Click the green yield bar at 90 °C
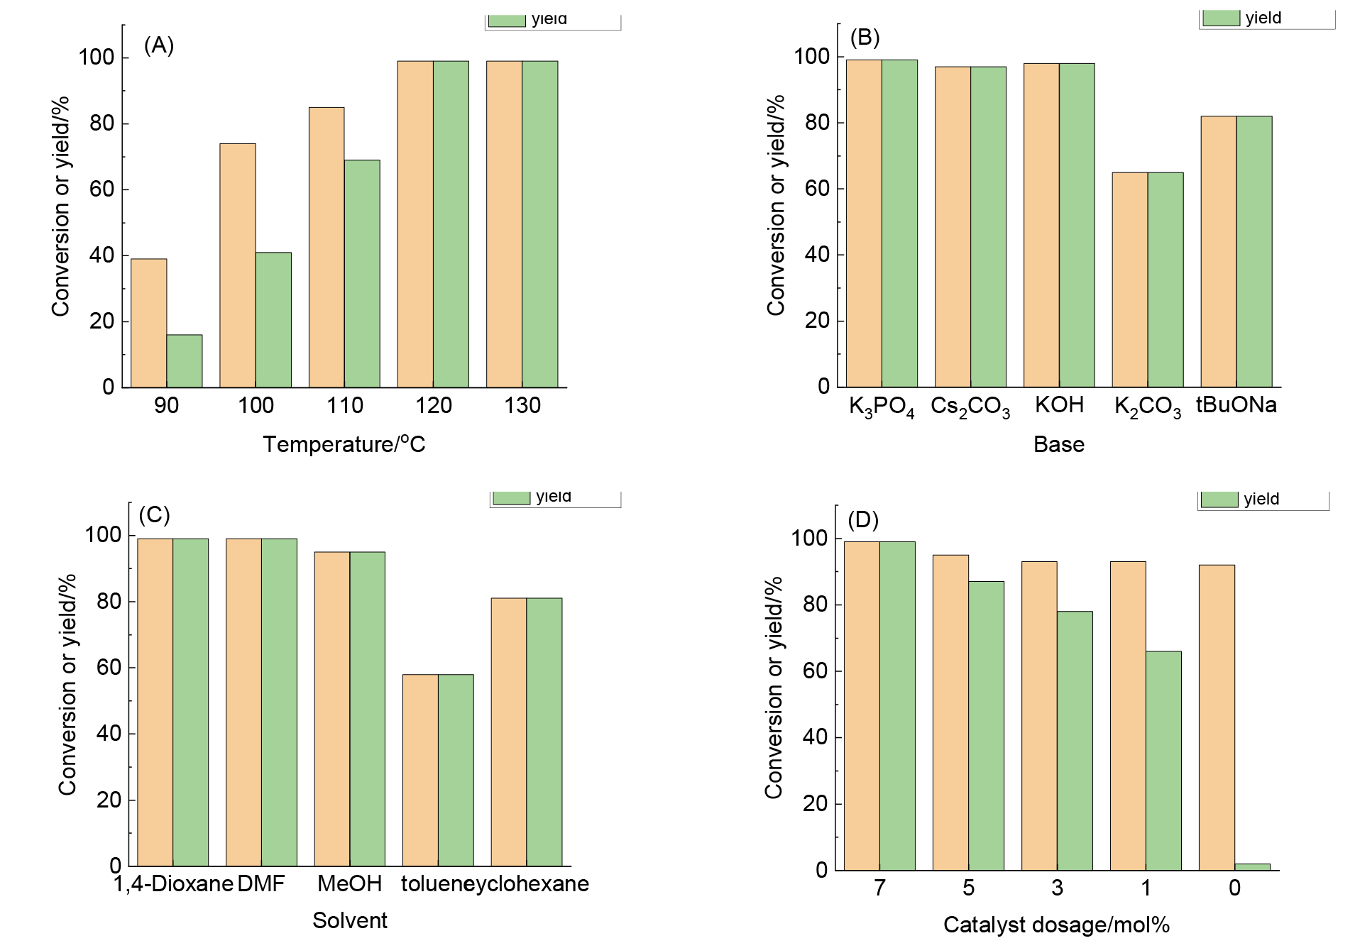click(185, 361)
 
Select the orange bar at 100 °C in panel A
click(238, 265)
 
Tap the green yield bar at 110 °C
click(362, 274)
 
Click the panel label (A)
click(159, 45)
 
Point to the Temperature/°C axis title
click(344, 444)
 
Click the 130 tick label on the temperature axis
click(522, 406)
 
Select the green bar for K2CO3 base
click(1165, 280)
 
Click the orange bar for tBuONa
click(1219, 252)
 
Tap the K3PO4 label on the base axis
click(882, 407)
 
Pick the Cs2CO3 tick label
click(970, 407)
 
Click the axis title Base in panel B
click(1059, 444)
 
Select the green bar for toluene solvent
click(456, 770)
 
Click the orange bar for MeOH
click(332, 709)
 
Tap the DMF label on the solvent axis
click(261, 884)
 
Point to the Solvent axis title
click(350, 920)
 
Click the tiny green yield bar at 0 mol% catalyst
click(1253, 866)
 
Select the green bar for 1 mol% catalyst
click(1164, 761)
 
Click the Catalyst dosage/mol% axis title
click(1056, 925)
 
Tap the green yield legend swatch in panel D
click(1220, 500)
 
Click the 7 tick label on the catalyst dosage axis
click(880, 888)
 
